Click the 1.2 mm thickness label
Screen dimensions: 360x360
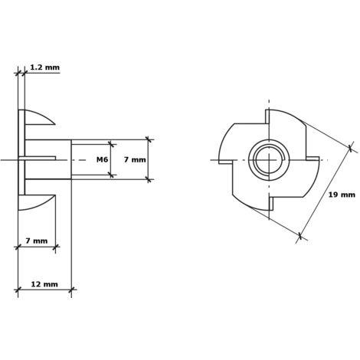pyautogui.click(x=44, y=67)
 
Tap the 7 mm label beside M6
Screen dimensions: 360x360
pyautogui.click(x=134, y=159)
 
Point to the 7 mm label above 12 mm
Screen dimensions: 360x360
pyautogui.click(x=36, y=241)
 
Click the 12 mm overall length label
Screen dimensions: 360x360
pyautogui.click(x=44, y=284)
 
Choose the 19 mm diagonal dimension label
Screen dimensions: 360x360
pyautogui.click(x=342, y=195)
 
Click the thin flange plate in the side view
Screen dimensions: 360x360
pyautogui.click(x=21, y=159)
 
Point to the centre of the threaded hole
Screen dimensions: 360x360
pyautogui.click(x=269, y=161)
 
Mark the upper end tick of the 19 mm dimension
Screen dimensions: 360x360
pyautogui.click(x=352, y=147)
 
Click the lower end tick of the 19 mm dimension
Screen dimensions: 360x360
pyautogui.click(x=301, y=238)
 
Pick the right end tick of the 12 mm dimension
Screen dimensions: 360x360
pyautogui.click(x=71, y=290)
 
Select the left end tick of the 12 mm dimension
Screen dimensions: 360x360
pyautogui.click(x=18, y=290)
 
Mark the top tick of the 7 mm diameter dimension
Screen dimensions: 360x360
pyautogui.click(x=149, y=139)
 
